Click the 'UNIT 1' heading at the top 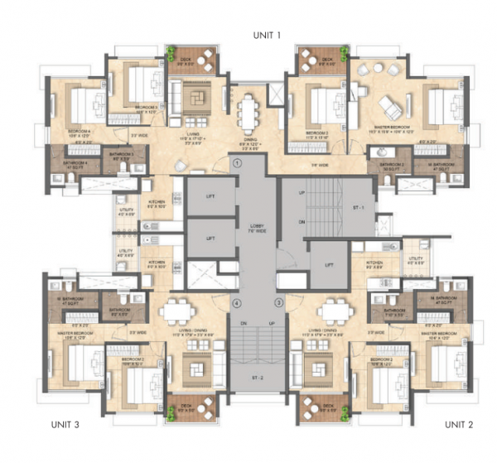coord(268,35)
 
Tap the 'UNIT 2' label coord(458,424)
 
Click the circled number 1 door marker coord(237,164)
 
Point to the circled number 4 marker coord(213,302)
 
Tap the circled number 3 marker coord(279,302)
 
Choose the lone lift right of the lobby coord(329,264)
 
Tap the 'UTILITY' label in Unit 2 coord(415,258)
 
